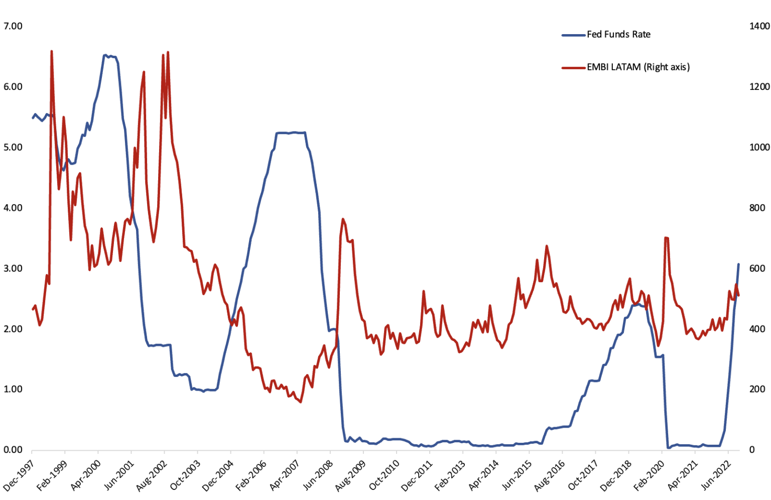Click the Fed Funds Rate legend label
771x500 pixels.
point(618,35)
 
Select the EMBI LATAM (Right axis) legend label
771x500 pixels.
point(638,67)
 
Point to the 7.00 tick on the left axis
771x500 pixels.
point(13,26)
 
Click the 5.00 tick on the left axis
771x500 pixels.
point(13,148)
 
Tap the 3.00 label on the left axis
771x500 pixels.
point(13,269)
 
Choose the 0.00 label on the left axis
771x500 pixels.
point(13,450)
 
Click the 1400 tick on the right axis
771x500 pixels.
point(759,26)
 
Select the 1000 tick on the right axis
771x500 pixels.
point(759,148)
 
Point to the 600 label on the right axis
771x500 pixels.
point(757,269)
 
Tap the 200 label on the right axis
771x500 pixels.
point(757,390)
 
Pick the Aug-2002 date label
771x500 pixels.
point(151,476)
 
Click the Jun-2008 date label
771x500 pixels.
point(317,476)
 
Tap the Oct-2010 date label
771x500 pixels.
point(383,476)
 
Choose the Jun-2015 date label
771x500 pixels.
point(516,476)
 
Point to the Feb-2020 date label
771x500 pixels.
point(649,476)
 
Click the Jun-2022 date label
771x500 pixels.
point(715,476)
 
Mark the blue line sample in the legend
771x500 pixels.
point(573,35)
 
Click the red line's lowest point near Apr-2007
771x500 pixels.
point(300,402)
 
